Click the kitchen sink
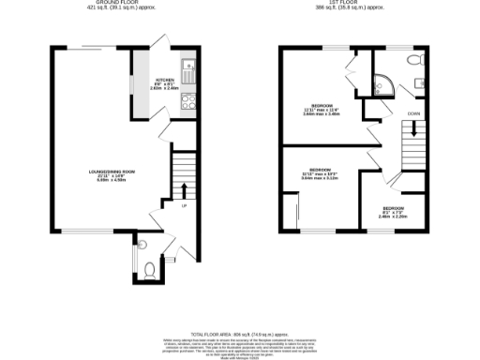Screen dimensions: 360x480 click(188, 67)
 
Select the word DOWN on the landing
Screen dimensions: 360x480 click(413, 113)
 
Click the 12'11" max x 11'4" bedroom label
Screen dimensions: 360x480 click(322, 109)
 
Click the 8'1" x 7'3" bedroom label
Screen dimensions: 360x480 click(393, 211)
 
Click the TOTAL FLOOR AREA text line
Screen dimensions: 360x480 click(240, 333)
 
